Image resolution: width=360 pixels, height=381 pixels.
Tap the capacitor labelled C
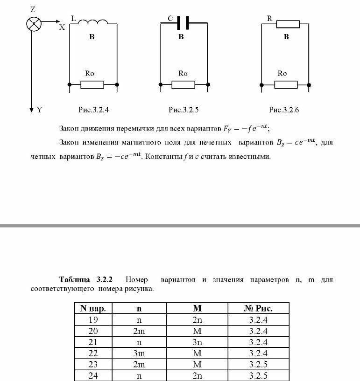tap(183, 22)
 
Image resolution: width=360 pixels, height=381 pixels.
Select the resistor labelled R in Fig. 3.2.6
tap(288, 23)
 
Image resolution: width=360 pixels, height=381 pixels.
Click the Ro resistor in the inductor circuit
tap(92, 84)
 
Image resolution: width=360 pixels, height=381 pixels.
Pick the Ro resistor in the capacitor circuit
tap(183, 84)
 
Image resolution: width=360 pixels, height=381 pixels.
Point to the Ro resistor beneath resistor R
tap(285, 84)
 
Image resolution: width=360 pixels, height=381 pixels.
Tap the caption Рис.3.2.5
tap(184, 110)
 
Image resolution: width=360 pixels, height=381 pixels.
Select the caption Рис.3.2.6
tap(284, 110)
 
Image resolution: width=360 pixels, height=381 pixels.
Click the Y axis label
tap(40, 110)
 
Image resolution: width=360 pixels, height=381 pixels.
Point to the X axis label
tap(62, 27)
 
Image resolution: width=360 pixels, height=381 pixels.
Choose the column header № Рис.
tap(258, 308)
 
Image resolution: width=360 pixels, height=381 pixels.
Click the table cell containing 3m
tap(139, 353)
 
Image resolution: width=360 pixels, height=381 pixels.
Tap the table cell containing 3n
tap(197, 342)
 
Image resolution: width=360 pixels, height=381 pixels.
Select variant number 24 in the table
tap(93, 375)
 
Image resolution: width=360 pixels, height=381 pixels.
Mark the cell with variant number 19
tap(93, 319)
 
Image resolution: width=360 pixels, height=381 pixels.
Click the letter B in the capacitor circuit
tap(181, 37)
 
